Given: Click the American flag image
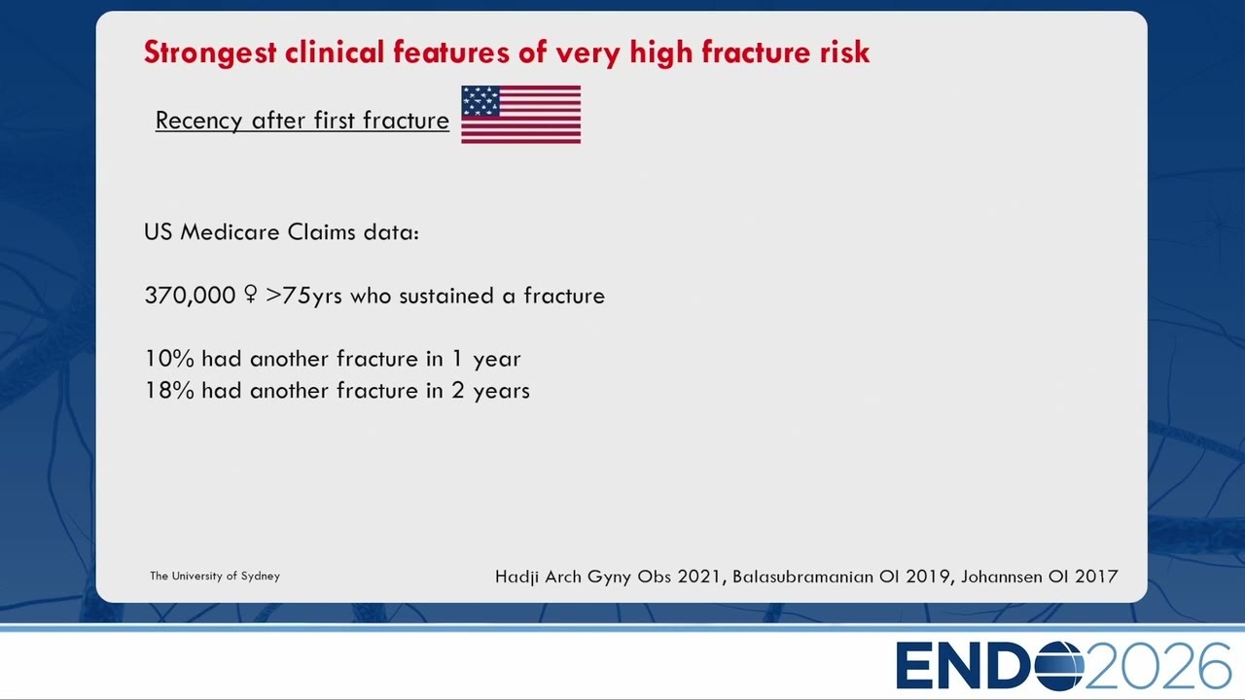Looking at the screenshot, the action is pyautogui.click(x=520, y=115).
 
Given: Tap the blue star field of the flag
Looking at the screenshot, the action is pyautogui.click(x=480, y=100).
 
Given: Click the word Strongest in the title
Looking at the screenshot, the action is pyautogui.click(x=210, y=52).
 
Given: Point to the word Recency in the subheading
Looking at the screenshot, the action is pyautogui.click(x=199, y=121).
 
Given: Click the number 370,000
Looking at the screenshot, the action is pyautogui.click(x=190, y=296).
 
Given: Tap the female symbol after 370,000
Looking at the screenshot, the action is pyautogui.click(x=251, y=295).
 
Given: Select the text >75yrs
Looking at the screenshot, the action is pyautogui.click(x=303, y=296).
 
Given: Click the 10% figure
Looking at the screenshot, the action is pyautogui.click(x=169, y=359).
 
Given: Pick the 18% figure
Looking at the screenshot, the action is pyautogui.click(x=169, y=391).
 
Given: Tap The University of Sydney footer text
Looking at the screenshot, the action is pyautogui.click(x=215, y=577).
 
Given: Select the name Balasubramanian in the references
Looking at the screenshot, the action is pyautogui.click(x=802, y=577).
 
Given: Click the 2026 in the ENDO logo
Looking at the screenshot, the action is pyautogui.click(x=1158, y=666).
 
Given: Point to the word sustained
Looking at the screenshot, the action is pyautogui.click(x=446, y=296).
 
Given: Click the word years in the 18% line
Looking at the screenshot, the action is pyautogui.click(x=501, y=392).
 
